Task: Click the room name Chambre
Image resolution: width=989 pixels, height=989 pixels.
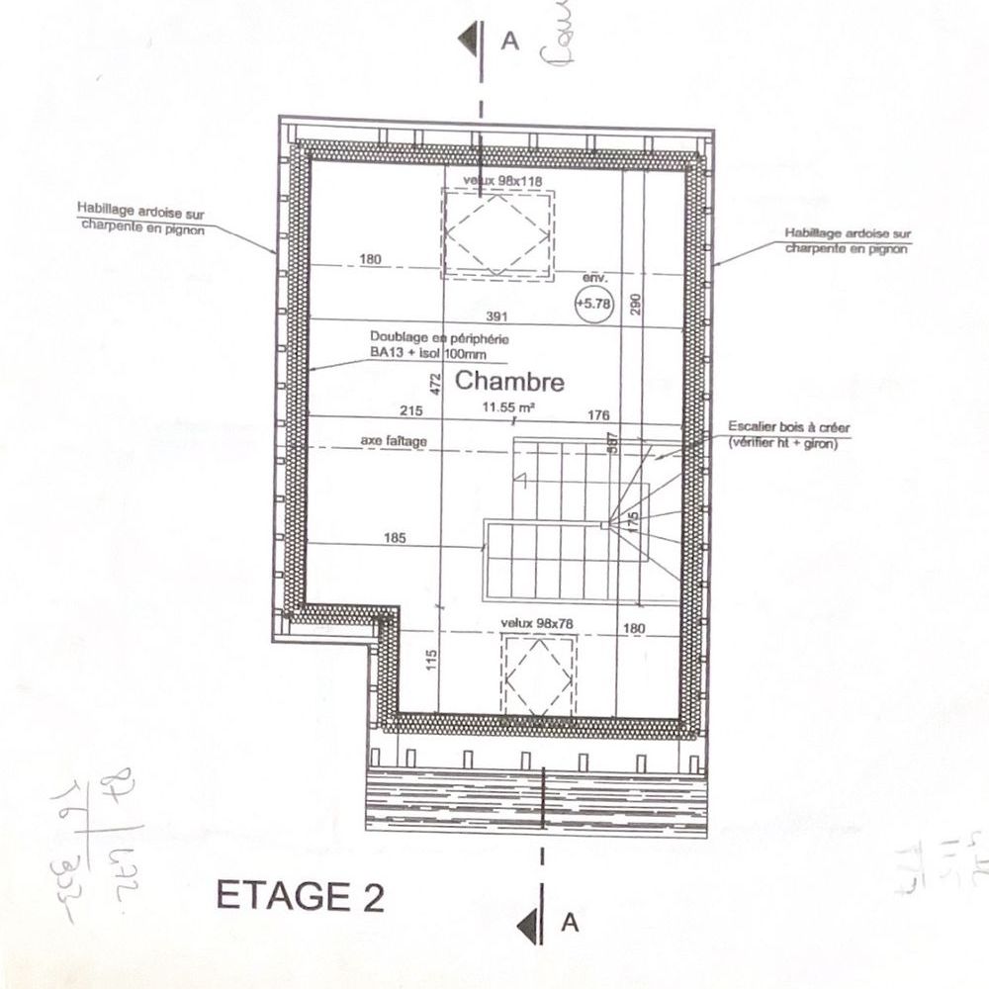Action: (x=509, y=382)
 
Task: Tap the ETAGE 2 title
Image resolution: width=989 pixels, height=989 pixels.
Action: (x=300, y=897)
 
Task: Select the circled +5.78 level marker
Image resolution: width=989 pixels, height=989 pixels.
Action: (x=593, y=305)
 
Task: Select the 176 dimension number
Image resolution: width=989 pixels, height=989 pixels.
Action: (x=598, y=414)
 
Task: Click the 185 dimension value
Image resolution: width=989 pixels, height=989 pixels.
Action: (x=396, y=539)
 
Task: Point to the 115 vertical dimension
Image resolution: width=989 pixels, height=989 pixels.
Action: (x=430, y=660)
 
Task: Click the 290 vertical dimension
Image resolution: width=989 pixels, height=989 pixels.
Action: (x=636, y=304)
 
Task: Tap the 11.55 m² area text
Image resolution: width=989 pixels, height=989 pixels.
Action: (x=509, y=406)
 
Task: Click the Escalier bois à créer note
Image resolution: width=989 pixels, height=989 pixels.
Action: (x=788, y=434)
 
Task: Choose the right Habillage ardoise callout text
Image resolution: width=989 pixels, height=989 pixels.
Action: (x=846, y=240)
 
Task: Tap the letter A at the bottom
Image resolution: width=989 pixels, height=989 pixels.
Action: (x=569, y=924)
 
